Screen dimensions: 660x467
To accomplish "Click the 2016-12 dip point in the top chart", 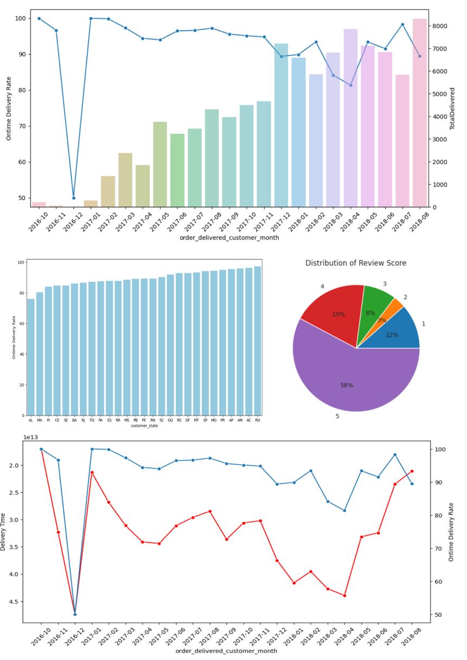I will point(74,198).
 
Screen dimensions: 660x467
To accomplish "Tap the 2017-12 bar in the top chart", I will point(281,125).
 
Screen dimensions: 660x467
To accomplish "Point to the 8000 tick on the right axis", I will point(440,26).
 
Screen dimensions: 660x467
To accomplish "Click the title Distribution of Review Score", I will point(356,263).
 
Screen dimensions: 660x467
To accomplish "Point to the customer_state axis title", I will point(144,426).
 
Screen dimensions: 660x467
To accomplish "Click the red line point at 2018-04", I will point(344,595).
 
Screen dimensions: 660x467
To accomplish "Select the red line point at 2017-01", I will point(92,472).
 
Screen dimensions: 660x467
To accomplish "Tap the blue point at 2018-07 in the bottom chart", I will point(395,454).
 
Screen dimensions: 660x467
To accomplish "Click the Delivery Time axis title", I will point(4,533).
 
